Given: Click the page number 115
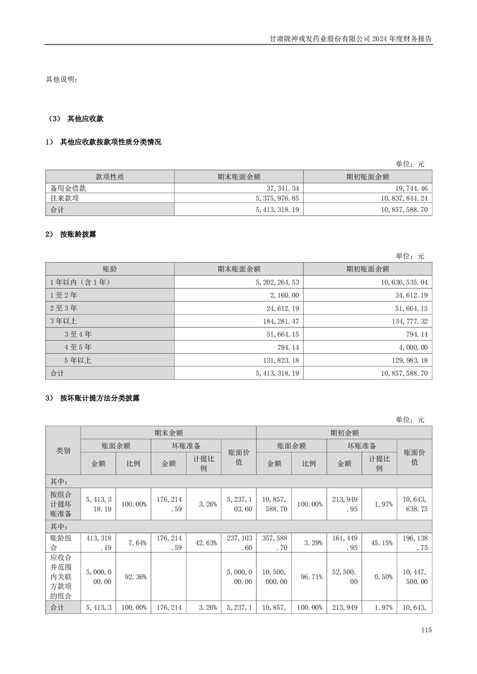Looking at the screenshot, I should point(426,630).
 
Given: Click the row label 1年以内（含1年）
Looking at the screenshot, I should point(80,282).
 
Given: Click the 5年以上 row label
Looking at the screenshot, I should point(78,360).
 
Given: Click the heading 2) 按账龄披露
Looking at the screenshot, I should point(70,234).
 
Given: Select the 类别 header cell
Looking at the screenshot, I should point(63,451).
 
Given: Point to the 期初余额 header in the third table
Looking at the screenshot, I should point(344,433).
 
